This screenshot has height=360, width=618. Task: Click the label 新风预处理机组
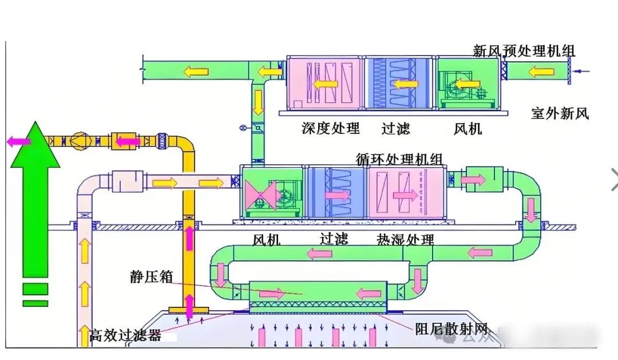[x=524, y=51]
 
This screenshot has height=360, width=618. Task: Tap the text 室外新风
[x=560, y=113]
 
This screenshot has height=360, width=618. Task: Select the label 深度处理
[x=331, y=128]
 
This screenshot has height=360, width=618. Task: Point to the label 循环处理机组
[x=399, y=159]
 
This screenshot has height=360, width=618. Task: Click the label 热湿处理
[x=405, y=239]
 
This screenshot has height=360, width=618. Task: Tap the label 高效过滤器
[x=125, y=335]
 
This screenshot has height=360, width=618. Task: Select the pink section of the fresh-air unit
[x=324, y=82]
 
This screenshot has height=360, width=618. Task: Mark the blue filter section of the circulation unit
[x=335, y=193]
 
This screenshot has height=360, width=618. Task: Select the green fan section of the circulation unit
[x=272, y=193]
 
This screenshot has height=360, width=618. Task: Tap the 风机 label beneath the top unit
[x=468, y=129]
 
